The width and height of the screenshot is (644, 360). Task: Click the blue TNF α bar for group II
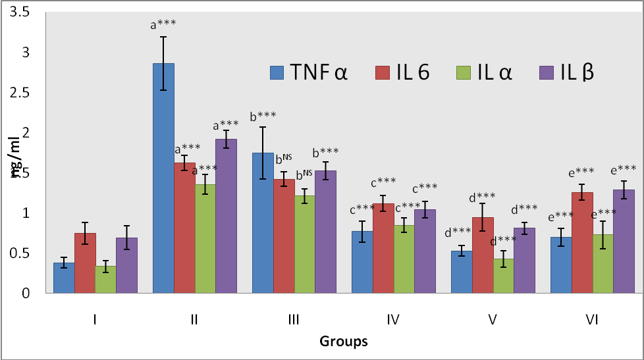tap(163, 178)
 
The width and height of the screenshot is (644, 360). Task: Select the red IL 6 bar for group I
tap(85, 263)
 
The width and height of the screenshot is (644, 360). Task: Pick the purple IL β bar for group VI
tap(624, 241)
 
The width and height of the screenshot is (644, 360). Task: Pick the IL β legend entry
tap(567, 72)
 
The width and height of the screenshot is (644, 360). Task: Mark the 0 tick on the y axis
tap(35, 294)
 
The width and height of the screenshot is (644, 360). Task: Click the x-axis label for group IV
tap(393, 321)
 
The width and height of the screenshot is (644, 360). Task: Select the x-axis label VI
tap(593, 321)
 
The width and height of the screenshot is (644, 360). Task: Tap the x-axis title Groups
tap(343, 342)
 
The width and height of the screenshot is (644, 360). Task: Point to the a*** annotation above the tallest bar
tap(163, 25)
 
